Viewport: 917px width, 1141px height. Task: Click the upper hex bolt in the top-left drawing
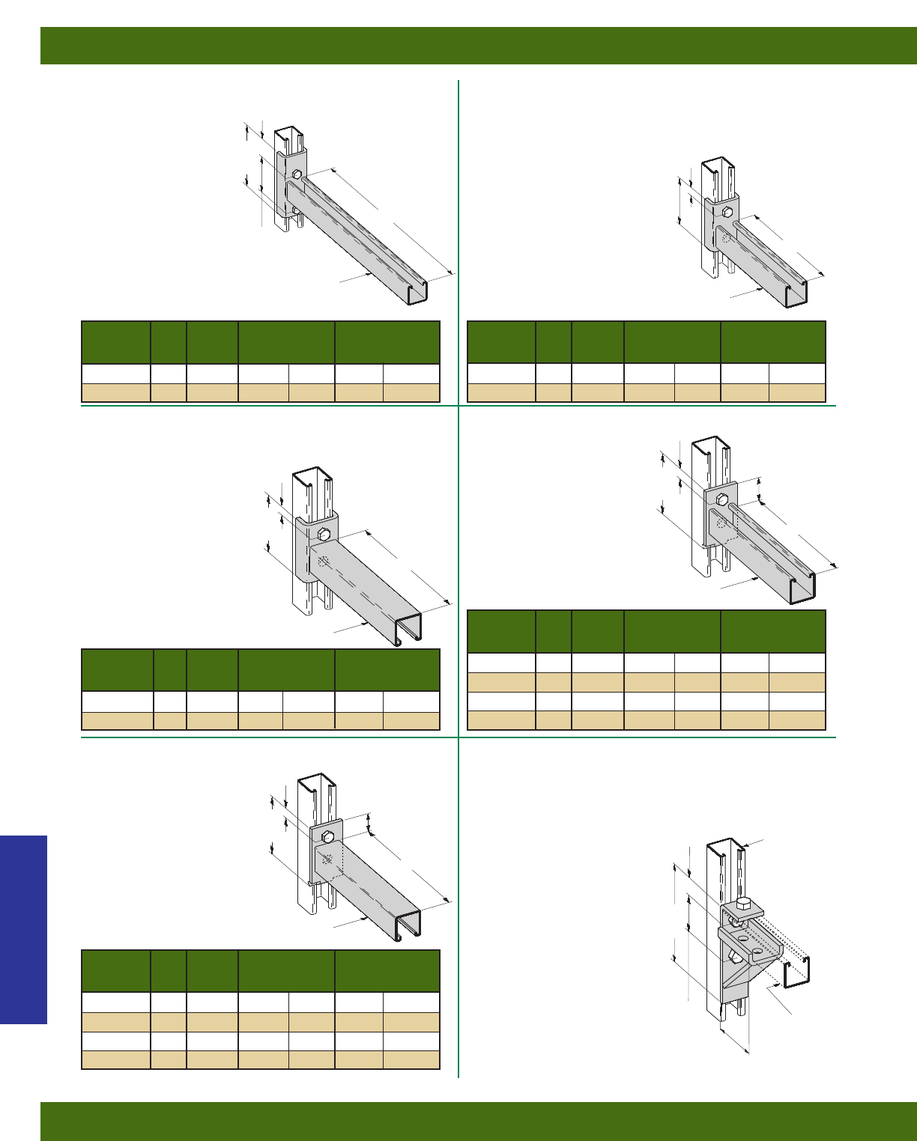(x=297, y=175)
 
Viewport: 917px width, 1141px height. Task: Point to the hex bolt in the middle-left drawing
(x=324, y=534)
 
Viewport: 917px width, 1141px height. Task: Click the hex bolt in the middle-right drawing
(x=722, y=499)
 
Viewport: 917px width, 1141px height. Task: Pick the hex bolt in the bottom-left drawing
(x=327, y=836)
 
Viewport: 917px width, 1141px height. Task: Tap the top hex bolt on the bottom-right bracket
(x=743, y=904)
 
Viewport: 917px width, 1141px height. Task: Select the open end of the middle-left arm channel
(x=409, y=628)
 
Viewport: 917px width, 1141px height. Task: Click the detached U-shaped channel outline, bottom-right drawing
(x=797, y=973)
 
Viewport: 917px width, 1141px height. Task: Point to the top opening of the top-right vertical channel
(x=716, y=165)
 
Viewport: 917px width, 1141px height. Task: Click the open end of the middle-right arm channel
(x=802, y=589)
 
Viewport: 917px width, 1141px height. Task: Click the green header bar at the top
(x=478, y=46)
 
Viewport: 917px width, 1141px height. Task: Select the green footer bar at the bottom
(x=478, y=1121)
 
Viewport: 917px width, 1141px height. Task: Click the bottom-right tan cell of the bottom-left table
(x=411, y=1059)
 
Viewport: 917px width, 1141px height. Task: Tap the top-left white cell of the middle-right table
(x=501, y=663)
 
